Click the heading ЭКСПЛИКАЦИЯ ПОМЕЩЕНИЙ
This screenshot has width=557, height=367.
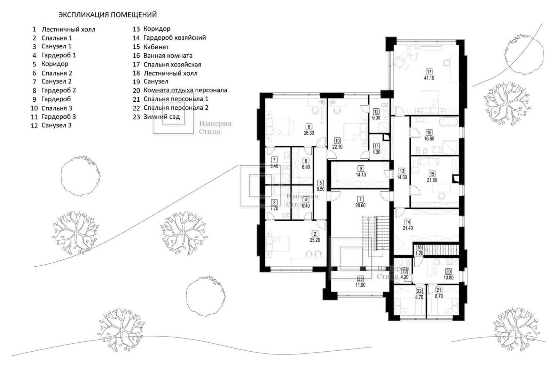coord(108,15)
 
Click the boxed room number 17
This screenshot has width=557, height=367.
coord(429,72)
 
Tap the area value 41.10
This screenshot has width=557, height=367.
coord(429,78)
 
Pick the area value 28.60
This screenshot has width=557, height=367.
coord(360,206)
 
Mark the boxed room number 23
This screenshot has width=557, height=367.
coord(360,279)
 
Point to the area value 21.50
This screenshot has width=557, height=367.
coord(432,180)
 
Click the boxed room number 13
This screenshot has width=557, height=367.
coord(402,171)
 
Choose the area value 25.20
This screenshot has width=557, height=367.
coord(315,240)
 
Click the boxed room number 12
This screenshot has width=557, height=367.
coord(376,112)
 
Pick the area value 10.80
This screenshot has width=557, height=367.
coord(448,278)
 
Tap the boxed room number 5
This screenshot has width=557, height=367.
coord(321,183)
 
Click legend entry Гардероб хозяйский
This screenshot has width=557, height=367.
coord(174,38)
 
